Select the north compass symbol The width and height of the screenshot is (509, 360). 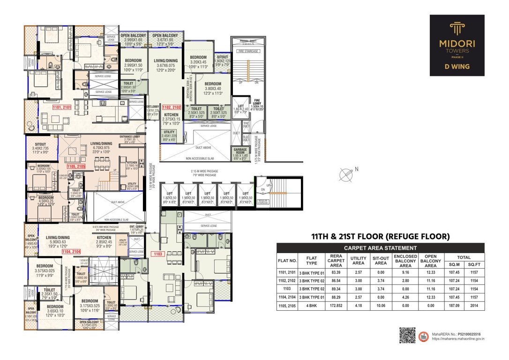click(x=347, y=174)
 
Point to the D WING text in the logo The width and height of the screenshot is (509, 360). click(x=457, y=67)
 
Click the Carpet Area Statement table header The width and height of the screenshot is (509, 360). click(x=380, y=248)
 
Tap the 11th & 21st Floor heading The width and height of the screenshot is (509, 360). click(x=380, y=236)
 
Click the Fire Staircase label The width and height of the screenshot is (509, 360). click(x=248, y=50)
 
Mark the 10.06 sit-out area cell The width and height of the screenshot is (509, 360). click(x=381, y=306)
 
